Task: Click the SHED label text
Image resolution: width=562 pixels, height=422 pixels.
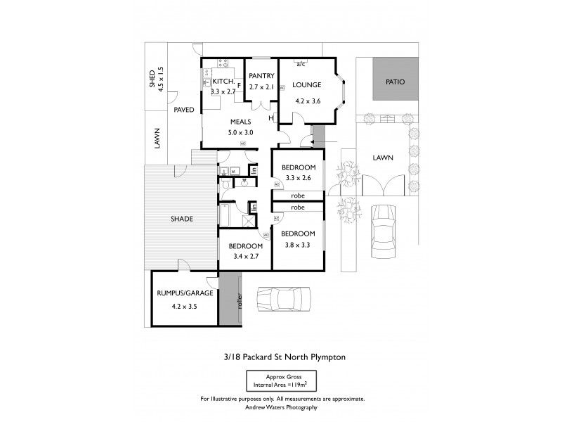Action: [x=152, y=79]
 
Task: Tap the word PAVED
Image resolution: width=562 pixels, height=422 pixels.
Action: [x=184, y=110]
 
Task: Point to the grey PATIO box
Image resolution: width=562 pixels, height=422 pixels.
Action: [x=396, y=82]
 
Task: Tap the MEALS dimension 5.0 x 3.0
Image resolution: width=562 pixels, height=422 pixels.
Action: [x=240, y=132]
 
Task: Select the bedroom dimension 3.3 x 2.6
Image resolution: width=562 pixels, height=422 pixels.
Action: [x=298, y=179]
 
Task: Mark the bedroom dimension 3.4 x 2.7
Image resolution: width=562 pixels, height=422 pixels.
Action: [x=245, y=257]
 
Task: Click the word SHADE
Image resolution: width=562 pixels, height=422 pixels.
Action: [x=181, y=219]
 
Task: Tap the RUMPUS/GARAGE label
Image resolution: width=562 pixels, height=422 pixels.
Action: [x=183, y=293]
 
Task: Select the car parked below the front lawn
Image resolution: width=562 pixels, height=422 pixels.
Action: [x=385, y=231]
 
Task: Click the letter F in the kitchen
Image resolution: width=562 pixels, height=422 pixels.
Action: [x=239, y=86]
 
